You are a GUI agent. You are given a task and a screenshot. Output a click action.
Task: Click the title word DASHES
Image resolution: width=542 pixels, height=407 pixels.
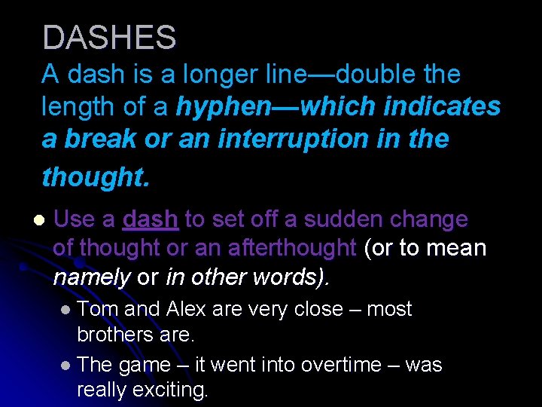(x=109, y=38)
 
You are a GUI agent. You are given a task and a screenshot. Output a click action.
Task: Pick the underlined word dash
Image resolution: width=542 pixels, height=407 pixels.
(x=150, y=219)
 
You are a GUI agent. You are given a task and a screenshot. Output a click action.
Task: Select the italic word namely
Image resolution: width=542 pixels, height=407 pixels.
(x=92, y=277)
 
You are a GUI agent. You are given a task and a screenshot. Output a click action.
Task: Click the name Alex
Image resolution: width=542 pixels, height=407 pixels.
(x=187, y=309)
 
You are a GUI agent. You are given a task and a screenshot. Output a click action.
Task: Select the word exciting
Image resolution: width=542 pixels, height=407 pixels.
(x=169, y=390)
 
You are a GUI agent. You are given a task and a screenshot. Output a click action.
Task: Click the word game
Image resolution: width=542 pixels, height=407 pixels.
(x=145, y=366)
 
